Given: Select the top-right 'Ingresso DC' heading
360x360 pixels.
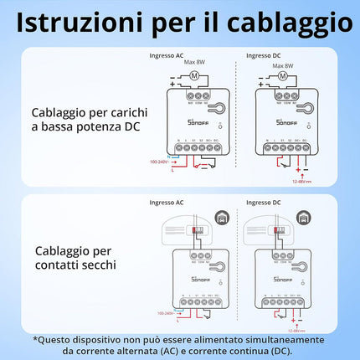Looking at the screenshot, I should (x=264, y=56).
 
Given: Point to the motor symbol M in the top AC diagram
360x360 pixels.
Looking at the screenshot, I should (x=194, y=77).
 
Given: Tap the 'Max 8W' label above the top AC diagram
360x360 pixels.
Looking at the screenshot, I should (x=195, y=64).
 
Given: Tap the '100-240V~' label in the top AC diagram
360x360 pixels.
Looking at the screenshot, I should (x=162, y=161).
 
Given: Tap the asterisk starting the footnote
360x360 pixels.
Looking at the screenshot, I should (x=36, y=339).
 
